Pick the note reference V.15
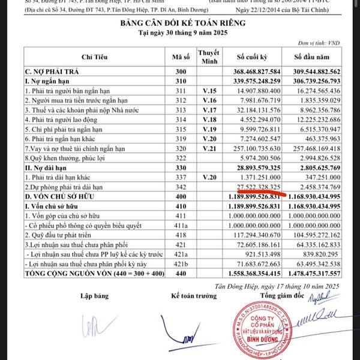[209, 90]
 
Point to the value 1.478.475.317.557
[316, 274]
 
